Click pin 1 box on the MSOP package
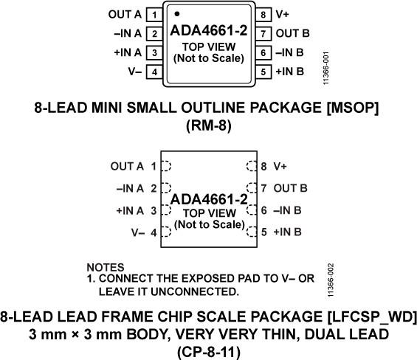pyautogui.click(x=154, y=15)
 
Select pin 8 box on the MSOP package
pyautogui.click(x=263, y=15)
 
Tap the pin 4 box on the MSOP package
pyautogui.click(x=154, y=72)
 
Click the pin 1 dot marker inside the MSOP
pyautogui.click(x=177, y=14)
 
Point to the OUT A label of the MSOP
pyautogui.click(x=125, y=14)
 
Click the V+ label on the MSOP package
pyautogui.click(x=283, y=14)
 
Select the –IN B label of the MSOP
pyautogui.click(x=289, y=52)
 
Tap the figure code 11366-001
pyautogui.click(x=326, y=69)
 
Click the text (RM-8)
pyautogui.click(x=209, y=125)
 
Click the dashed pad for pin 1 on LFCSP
pyautogui.click(x=166, y=166)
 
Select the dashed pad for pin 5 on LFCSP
pyautogui.click(x=252, y=232)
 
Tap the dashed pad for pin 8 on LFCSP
pyautogui.click(x=252, y=166)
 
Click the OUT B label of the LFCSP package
pyautogui.click(x=290, y=188)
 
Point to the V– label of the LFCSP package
pyautogui.click(x=138, y=233)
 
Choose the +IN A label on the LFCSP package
pyautogui.click(x=130, y=211)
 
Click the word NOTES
pyautogui.click(x=106, y=267)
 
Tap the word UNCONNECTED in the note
pyautogui.click(x=195, y=291)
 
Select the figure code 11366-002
pyautogui.click(x=331, y=280)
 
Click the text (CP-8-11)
pyautogui.click(x=209, y=350)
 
